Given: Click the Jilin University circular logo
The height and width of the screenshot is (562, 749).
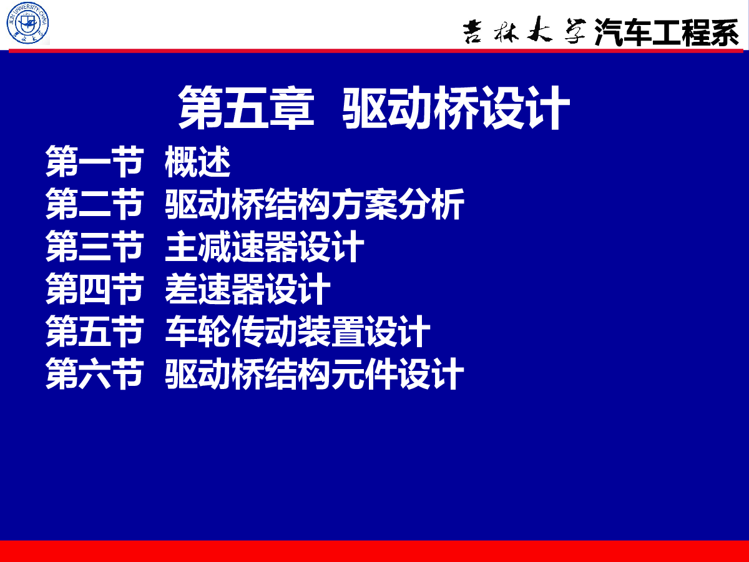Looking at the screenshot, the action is coord(27,23).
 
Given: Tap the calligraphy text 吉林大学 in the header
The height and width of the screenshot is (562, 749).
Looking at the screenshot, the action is coord(524,31).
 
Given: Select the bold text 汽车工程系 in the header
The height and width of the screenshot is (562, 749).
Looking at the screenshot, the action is coord(667,31).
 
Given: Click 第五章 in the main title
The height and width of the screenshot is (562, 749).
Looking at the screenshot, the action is coord(246,107).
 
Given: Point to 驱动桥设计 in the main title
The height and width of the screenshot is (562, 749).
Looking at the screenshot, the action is coord(456,107).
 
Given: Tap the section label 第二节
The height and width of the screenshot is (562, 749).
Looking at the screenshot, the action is coord(94,204).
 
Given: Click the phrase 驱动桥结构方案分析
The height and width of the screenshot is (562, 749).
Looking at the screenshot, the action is coord(315,204).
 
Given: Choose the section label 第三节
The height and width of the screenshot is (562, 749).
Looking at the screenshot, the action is coord(94,246).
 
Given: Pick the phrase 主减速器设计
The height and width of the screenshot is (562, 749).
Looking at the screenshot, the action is coord(265,246).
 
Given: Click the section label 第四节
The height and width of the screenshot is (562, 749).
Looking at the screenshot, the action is coord(94,288).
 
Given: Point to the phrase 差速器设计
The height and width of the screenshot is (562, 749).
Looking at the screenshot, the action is coord(248,288).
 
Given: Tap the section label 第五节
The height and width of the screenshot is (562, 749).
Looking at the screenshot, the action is coord(94,332).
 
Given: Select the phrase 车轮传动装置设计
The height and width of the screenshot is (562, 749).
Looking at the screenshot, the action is coord(298,332).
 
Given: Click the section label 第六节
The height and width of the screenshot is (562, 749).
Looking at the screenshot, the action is coord(94,373).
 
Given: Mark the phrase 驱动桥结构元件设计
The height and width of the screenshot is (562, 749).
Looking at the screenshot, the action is coord(315,373).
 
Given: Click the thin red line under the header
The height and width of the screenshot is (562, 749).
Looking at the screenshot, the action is coord(376,51).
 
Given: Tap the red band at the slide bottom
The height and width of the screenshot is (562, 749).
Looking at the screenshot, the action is coord(374,551).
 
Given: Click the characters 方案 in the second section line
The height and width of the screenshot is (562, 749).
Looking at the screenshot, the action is coord(364,204).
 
